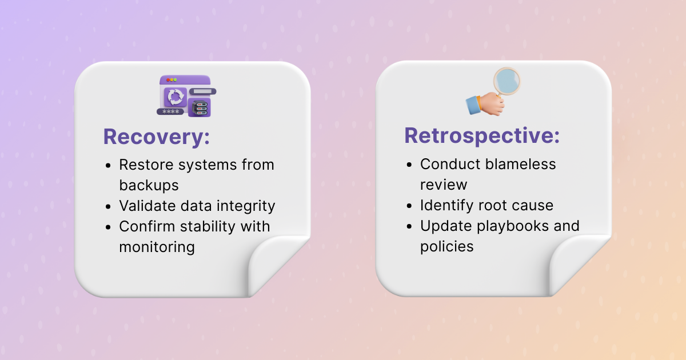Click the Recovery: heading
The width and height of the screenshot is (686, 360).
click(x=157, y=137)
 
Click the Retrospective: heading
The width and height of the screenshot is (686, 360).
click(x=482, y=136)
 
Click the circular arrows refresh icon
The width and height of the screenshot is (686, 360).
click(x=175, y=97)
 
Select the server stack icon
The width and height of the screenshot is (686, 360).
click(x=200, y=109)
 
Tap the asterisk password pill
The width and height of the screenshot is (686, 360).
click(x=170, y=112)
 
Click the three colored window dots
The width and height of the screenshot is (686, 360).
click(x=171, y=80)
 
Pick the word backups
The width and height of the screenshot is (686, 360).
click(x=149, y=186)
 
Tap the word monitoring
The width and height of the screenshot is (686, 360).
click(x=157, y=247)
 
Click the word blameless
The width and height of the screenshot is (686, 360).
click(x=520, y=165)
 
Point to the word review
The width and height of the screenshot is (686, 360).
click(x=444, y=185)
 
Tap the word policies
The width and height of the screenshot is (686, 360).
click(x=447, y=247)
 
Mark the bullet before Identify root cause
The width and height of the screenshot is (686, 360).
click(x=409, y=206)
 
